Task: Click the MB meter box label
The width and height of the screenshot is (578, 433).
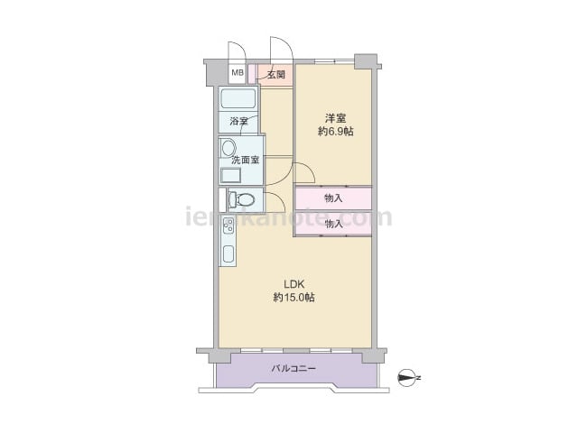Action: click(x=238, y=72)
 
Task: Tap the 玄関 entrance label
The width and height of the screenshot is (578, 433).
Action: click(x=276, y=75)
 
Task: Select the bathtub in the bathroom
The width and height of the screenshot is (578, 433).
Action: click(x=238, y=98)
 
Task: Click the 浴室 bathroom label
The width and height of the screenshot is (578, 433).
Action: click(x=238, y=121)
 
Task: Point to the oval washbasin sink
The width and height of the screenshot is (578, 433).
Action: click(x=228, y=148)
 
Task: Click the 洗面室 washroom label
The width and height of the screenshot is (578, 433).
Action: click(x=246, y=161)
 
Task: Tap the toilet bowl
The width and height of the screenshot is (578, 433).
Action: click(x=242, y=200)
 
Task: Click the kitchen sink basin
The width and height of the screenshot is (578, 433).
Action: click(x=228, y=253)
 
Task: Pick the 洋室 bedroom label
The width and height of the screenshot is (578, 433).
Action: click(x=335, y=118)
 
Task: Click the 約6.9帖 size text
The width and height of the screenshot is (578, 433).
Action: click(x=335, y=131)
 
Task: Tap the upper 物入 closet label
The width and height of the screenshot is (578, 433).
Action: click(x=333, y=198)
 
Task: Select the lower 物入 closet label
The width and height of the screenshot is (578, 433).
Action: click(x=333, y=224)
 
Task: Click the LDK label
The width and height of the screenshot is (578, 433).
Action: click(x=294, y=284)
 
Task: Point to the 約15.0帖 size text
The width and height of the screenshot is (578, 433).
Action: click(x=294, y=298)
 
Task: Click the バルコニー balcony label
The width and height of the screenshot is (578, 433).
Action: click(x=294, y=368)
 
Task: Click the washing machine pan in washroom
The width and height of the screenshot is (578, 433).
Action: click(x=231, y=175)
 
